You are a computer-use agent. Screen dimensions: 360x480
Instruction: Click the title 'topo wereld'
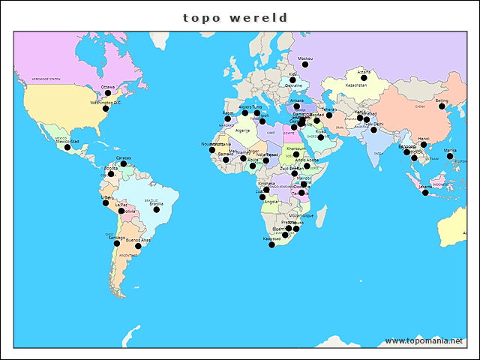pyautogui.click(x=235, y=17)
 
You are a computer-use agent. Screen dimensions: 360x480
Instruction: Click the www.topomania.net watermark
pyautogui.click(x=424, y=340)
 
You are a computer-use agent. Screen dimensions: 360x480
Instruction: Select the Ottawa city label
pyautogui.click(x=108, y=87)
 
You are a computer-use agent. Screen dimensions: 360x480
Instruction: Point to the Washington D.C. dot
pyautogui.click(x=106, y=109)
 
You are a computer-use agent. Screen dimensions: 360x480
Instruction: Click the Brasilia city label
pyautogui.click(x=156, y=203)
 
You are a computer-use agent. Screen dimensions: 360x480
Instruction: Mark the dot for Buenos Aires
pyautogui.click(x=138, y=246)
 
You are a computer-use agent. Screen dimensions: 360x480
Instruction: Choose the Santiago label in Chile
pyautogui.click(x=116, y=237)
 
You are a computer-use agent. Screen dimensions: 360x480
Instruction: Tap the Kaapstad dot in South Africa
pyautogui.click(x=272, y=244)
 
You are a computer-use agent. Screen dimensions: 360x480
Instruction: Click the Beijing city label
pyautogui.click(x=442, y=100)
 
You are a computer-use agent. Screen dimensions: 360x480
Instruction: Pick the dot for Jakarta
pyautogui.click(x=425, y=193)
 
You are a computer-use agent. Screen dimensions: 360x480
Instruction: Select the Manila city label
pyautogui.click(x=450, y=151)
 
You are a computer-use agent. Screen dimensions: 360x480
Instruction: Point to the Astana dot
pyautogui.click(x=364, y=77)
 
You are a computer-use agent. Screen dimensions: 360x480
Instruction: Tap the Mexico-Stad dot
pyautogui.click(x=67, y=147)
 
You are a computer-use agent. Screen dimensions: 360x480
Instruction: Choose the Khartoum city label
pyautogui.click(x=296, y=148)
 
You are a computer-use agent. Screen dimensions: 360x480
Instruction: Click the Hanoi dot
pyautogui.click(x=424, y=145)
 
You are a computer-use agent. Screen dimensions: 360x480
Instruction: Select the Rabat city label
pyautogui.click(x=228, y=113)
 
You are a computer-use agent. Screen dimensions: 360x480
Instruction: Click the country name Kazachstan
pyautogui.click(x=356, y=85)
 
